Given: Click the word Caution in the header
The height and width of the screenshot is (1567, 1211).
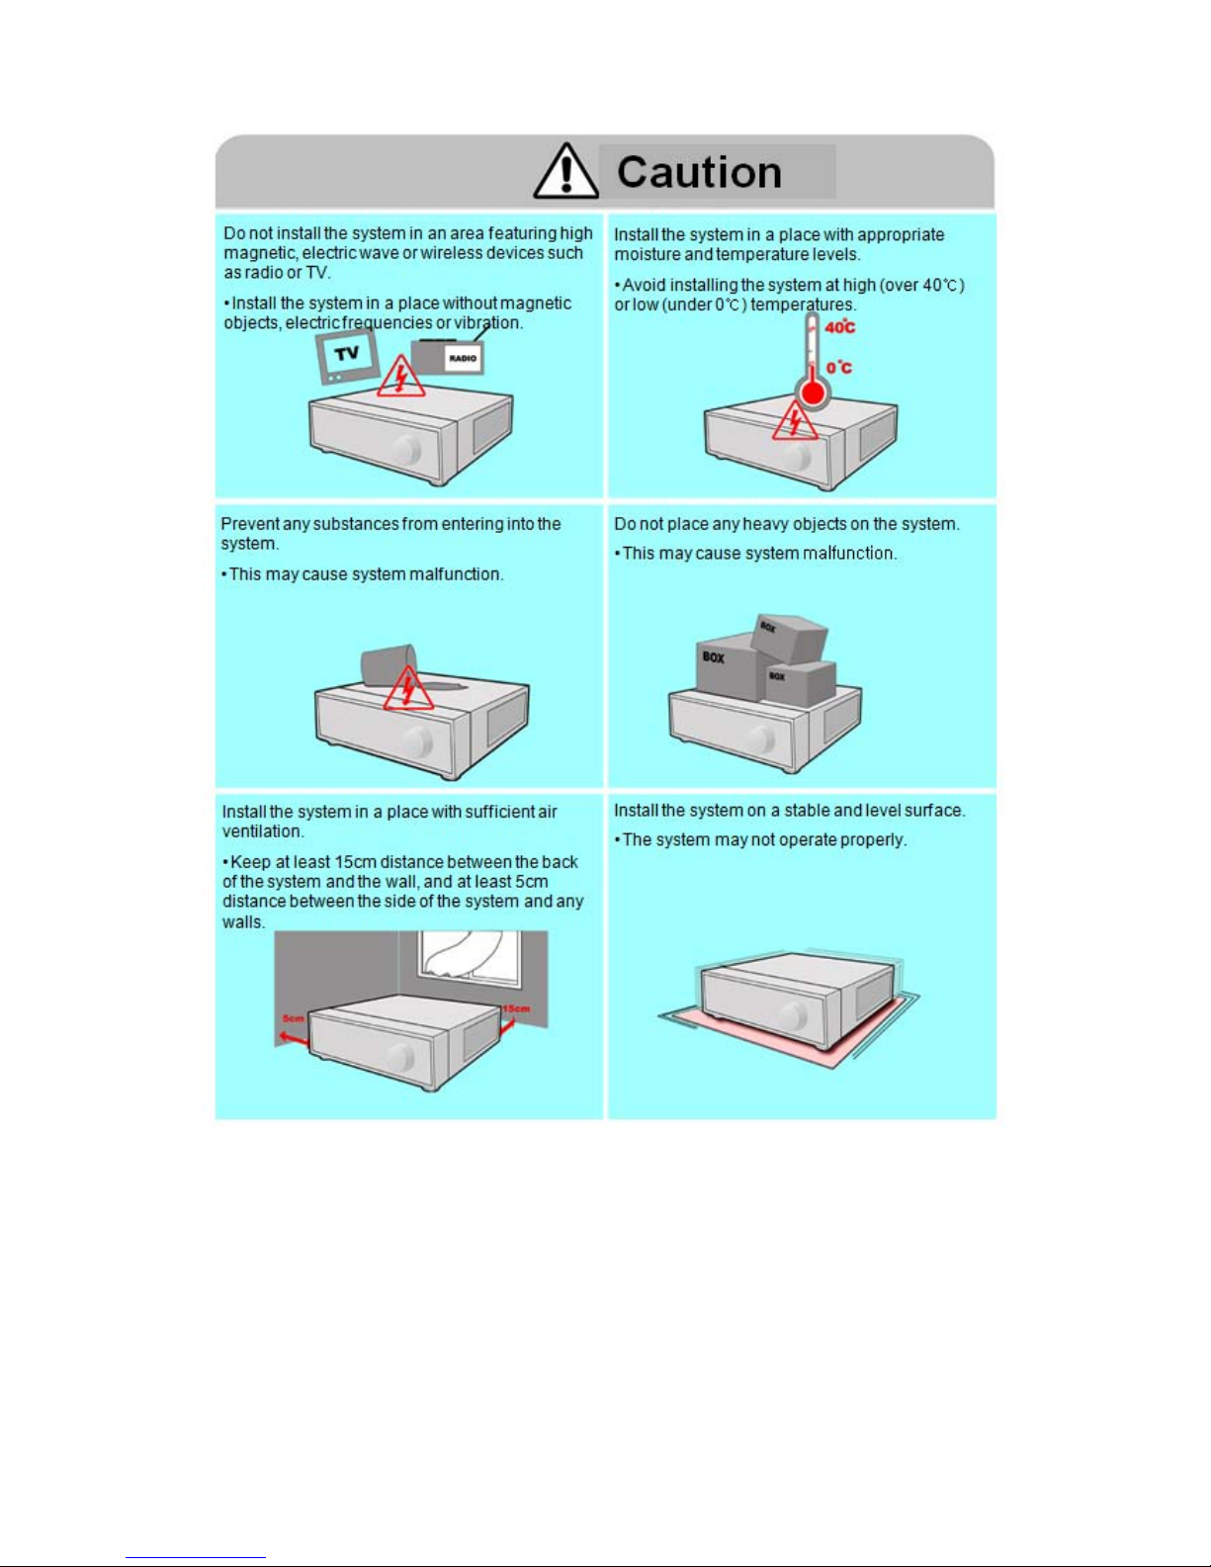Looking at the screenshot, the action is coord(699,172).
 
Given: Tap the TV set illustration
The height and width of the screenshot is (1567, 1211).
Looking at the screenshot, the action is coord(347,356).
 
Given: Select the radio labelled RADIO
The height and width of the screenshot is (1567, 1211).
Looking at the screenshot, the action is coord(448,356).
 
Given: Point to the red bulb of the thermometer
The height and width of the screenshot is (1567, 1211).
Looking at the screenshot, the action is coord(813,393).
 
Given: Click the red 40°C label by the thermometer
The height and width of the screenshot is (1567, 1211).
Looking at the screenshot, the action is coord(839,327).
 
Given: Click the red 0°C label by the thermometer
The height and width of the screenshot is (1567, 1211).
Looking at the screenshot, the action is coord(839,368).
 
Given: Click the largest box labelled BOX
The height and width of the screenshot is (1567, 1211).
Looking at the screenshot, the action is coord(727,666).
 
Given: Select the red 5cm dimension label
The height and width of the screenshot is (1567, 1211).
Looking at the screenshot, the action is coord(293,1018).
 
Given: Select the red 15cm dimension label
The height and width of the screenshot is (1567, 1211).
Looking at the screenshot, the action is coord(516,1008).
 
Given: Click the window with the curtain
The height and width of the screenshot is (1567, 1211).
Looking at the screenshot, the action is coord(470,960).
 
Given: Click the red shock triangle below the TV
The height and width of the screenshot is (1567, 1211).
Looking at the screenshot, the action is coord(401,376).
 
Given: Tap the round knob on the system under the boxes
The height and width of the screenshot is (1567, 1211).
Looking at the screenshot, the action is coord(759,740).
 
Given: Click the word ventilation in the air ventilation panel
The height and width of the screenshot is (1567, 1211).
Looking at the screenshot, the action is coord(263,831).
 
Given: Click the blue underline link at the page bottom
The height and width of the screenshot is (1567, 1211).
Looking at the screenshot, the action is coord(196,1558).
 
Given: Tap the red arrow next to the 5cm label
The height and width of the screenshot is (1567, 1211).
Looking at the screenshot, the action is coord(295,1037).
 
